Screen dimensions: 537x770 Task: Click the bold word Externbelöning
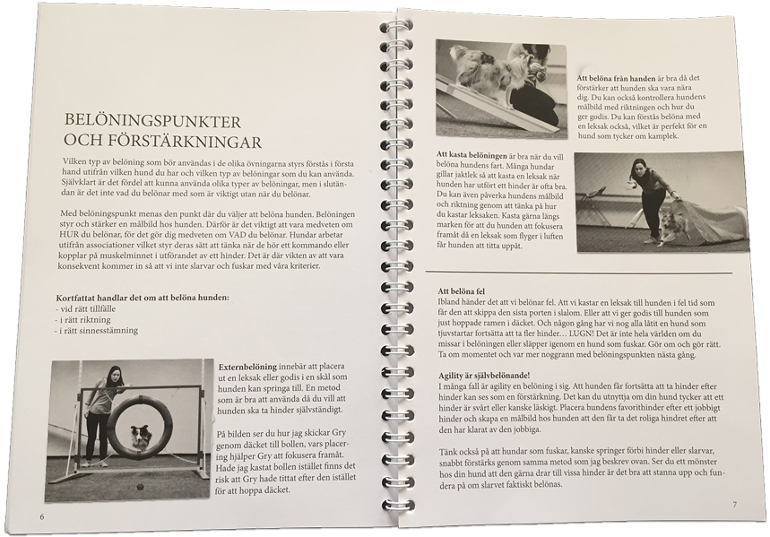click(x=250, y=368)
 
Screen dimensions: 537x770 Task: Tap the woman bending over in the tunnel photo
click(x=652, y=193)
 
